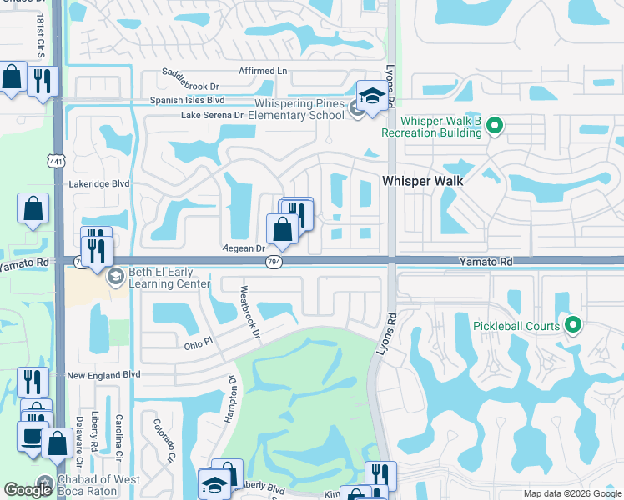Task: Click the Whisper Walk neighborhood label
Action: pos(422,180)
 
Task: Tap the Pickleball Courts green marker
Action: pos(572,325)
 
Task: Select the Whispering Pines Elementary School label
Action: pos(299,109)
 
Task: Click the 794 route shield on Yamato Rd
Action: pos(273,262)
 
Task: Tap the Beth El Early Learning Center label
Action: pos(158,278)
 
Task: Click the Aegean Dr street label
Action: pos(244,248)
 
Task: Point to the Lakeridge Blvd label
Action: pos(99,183)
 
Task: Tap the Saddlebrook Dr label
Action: pos(191,86)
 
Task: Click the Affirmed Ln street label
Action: pos(262,72)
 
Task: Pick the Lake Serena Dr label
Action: pos(212,115)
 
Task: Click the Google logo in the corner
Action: pos(28,490)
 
